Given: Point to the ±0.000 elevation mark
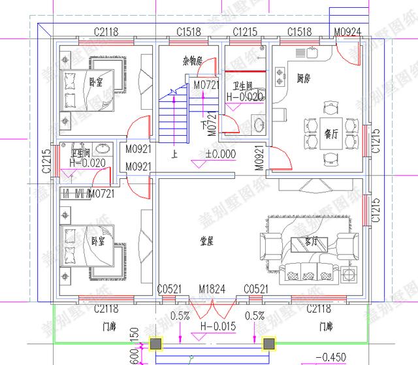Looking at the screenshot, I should pos(220,155).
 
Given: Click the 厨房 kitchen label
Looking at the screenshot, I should pos(302,78).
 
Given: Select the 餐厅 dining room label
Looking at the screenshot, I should pos(330,135).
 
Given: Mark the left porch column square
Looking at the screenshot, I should pos(155,343).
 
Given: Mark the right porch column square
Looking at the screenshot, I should pos(267,343).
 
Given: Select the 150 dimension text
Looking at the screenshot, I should pos(135,334).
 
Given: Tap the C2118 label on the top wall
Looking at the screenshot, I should pos(106,31).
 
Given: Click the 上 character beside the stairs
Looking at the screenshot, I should pos(174,155).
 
